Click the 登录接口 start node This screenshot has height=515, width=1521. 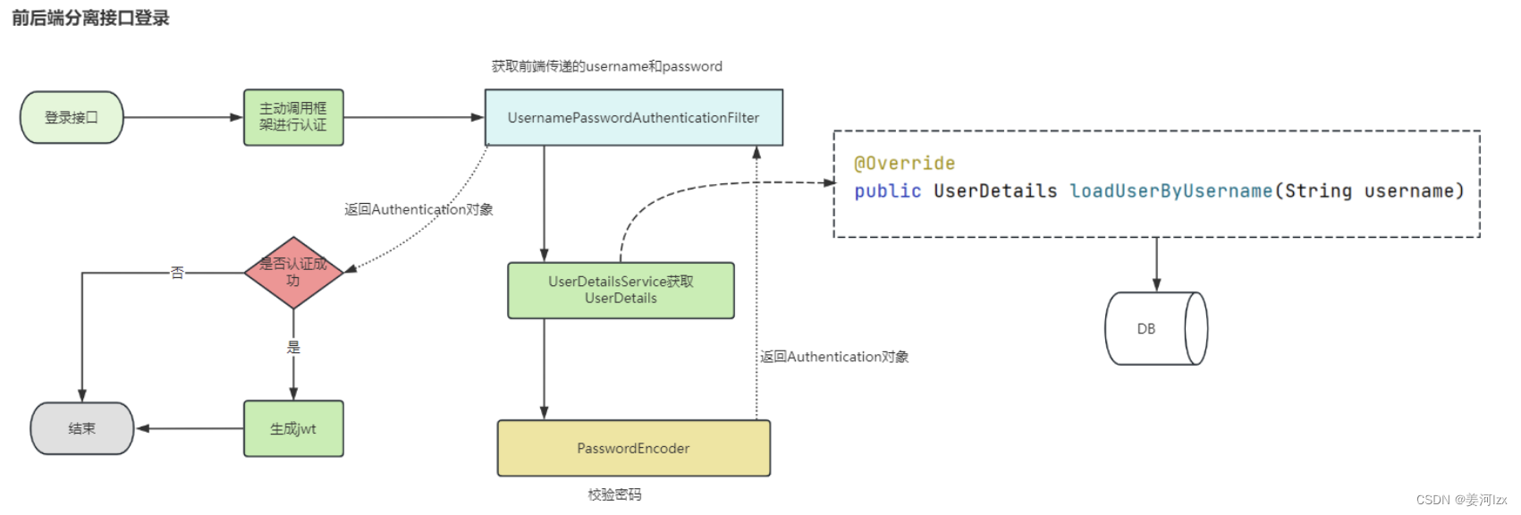click(72, 117)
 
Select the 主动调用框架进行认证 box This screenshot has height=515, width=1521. click(293, 117)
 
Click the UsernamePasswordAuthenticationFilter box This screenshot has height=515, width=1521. click(633, 117)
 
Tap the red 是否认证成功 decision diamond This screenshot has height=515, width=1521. click(293, 273)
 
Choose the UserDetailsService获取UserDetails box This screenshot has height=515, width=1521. click(621, 290)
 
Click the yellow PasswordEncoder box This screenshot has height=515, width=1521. click(633, 448)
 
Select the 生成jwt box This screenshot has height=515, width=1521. click(293, 428)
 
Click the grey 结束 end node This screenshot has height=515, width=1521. click(81, 428)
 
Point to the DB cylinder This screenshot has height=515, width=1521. click(1153, 328)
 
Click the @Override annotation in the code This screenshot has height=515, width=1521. click(904, 164)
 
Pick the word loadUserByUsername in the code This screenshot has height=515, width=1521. click(1170, 190)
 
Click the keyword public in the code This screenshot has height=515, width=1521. click(887, 190)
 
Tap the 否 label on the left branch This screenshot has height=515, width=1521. click(177, 273)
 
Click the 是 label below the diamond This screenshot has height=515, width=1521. click(293, 347)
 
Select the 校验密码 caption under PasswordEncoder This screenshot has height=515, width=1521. click(614, 494)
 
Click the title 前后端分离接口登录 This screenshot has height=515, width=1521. click(90, 18)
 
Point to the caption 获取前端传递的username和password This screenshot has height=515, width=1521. click(606, 66)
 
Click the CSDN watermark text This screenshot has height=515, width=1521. click(1461, 500)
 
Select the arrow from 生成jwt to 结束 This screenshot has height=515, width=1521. click(190, 428)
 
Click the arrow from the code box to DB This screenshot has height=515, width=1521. click(1156, 264)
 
